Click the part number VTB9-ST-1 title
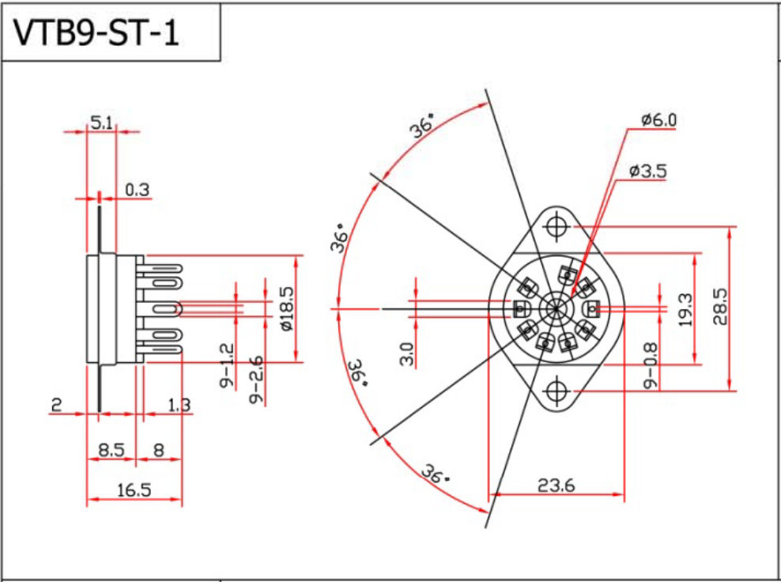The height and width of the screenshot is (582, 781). [x=95, y=33]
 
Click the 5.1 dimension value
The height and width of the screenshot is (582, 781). [x=101, y=123]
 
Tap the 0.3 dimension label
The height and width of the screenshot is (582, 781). [x=137, y=190]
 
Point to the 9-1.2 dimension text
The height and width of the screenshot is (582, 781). [x=227, y=366]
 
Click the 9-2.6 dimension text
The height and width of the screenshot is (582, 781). [x=257, y=379]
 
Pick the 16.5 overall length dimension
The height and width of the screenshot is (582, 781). [x=134, y=490]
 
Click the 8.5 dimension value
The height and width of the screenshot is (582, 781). [x=111, y=451]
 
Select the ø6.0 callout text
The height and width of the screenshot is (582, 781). [x=659, y=120]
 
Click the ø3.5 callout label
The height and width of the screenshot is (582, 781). [x=647, y=172]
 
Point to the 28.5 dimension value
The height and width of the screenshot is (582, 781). [x=721, y=307]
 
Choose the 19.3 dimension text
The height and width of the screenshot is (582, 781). [x=686, y=310]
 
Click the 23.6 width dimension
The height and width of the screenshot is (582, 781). [x=556, y=484]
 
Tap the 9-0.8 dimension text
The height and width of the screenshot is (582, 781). [x=650, y=366]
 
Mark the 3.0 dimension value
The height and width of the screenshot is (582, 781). [x=407, y=353]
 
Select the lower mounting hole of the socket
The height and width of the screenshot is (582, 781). [x=556, y=391]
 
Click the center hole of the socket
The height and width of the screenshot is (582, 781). [x=556, y=309]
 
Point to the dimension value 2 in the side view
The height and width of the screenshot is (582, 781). [x=56, y=405]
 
